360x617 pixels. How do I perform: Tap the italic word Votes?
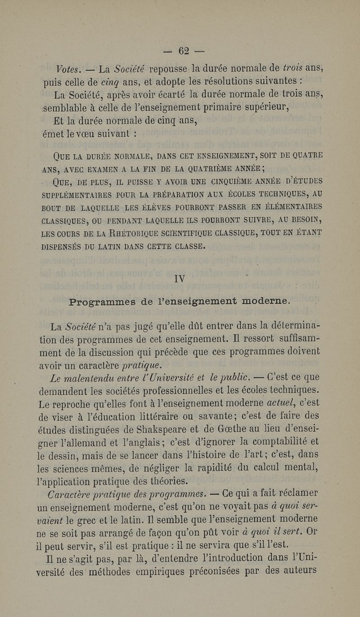(x=69, y=69)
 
